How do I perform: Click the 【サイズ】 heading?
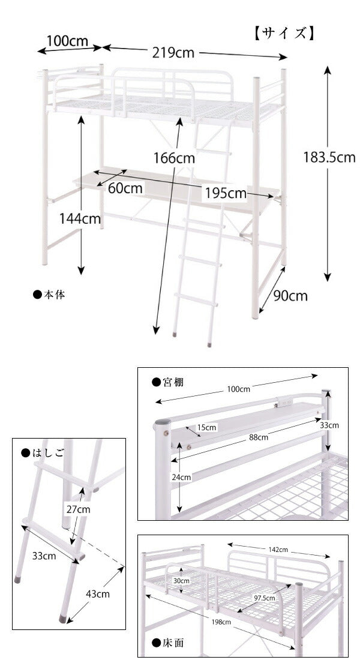coord(284,33)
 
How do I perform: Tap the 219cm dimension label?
coord(173,53)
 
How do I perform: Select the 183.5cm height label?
coord(329,157)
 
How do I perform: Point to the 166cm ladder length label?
coord(175,158)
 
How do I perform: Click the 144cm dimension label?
coord(80,218)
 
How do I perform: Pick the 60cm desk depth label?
coord(125,188)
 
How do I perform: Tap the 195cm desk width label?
coord(226,193)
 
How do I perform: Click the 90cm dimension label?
coord(290,296)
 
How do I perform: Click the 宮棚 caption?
coord(168,382)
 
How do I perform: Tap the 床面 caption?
coord(169,643)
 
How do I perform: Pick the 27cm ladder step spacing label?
coord(79,509)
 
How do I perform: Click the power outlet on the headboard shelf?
coord(284,403)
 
